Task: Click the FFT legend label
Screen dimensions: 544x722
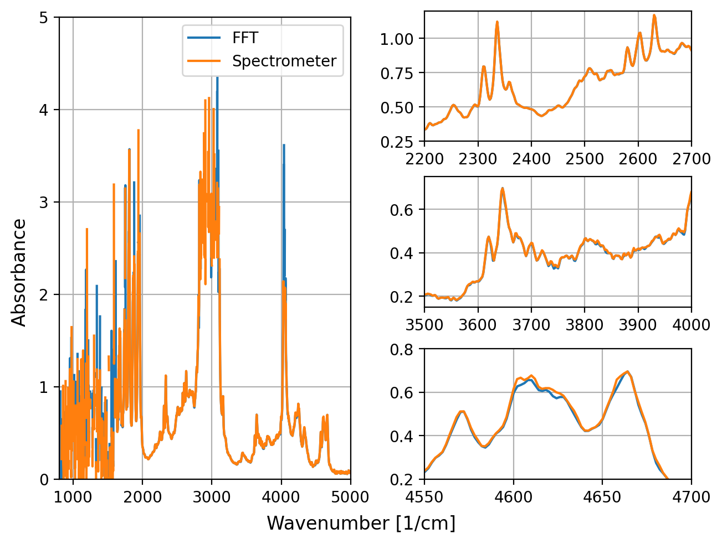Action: tap(245, 38)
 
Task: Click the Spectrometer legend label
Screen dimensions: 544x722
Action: tap(284, 61)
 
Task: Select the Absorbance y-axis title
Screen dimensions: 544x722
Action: tap(19, 272)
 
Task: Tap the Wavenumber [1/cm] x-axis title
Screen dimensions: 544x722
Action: tap(361, 523)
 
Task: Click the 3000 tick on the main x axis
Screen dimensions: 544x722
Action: tap(212, 497)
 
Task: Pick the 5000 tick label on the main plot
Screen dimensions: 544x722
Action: tap(350, 497)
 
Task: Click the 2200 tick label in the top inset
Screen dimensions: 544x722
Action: tap(424, 159)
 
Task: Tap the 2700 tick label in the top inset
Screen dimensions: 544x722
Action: tap(690, 159)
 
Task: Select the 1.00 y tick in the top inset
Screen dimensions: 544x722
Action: tap(397, 39)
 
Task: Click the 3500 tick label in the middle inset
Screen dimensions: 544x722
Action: tap(424, 324)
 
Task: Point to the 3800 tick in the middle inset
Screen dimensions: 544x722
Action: tap(585, 324)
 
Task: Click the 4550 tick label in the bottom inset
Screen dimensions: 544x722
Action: tap(424, 496)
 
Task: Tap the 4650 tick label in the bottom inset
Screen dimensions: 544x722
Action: tap(602, 496)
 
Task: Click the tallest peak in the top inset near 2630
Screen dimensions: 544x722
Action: tap(654, 15)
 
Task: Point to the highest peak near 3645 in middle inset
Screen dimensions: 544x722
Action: tap(503, 188)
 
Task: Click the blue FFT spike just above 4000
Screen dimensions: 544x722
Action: tap(284, 145)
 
